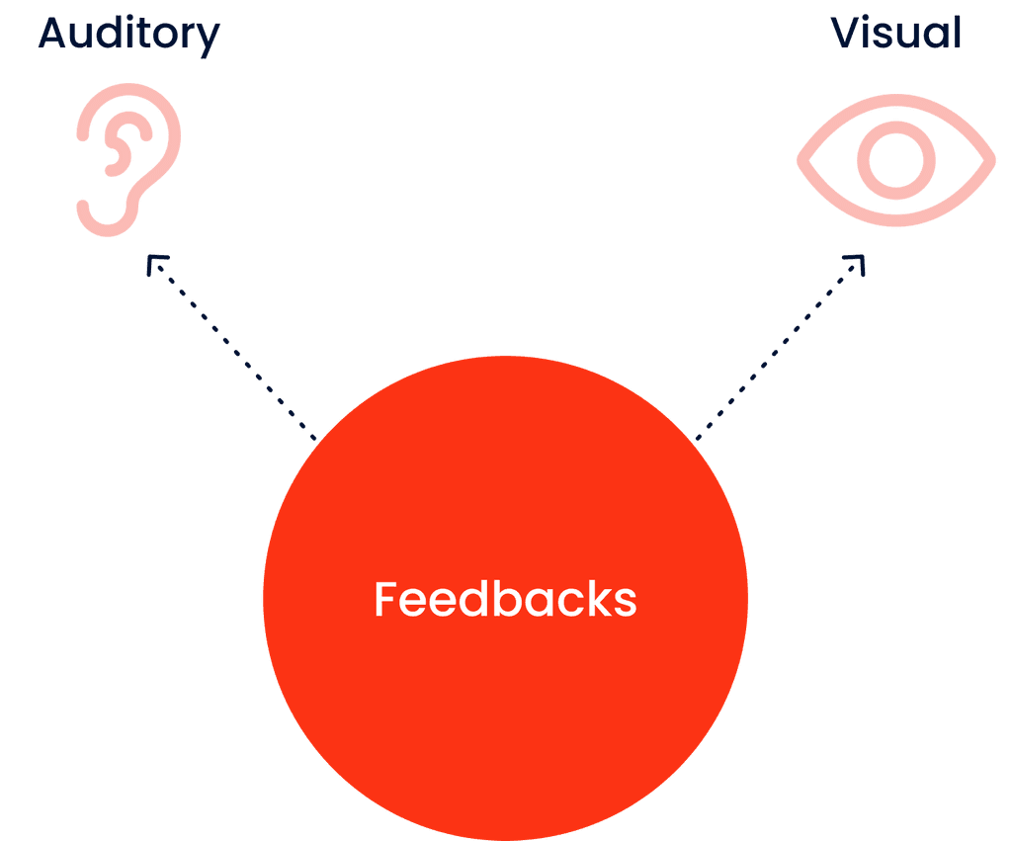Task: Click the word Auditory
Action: tap(128, 36)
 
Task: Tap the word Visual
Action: tap(895, 34)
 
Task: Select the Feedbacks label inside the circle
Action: tap(505, 600)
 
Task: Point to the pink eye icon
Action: tap(895, 160)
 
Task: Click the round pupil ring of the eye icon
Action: tap(895, 160)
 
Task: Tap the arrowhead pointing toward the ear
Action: tap(155, 262)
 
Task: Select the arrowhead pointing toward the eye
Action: tap(856, 263)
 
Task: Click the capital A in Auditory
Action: tap(53, 35)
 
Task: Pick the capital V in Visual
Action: tap(846, 34)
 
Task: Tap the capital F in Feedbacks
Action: tap(386, 600)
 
